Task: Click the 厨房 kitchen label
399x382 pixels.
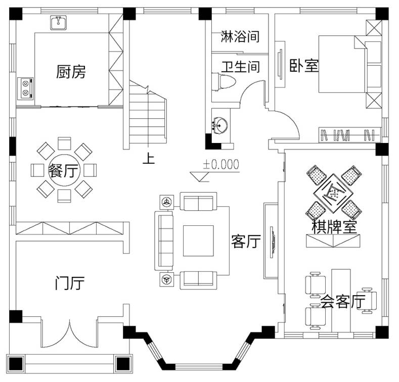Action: point(71,72)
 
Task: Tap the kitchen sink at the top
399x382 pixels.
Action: point(59,23)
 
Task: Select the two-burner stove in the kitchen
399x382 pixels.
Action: point(25,88)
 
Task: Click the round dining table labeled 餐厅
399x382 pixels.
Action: point(64,170)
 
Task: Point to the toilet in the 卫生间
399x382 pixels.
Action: point(224,82)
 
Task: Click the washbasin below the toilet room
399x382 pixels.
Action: point(220,125)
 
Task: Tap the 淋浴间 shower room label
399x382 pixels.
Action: point(240,36)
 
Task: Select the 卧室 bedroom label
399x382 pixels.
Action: point(304,66)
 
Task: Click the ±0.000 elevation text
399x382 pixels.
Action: point(221,164)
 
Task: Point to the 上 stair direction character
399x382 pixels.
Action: point(149,158)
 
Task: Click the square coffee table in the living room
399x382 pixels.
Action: point(198,241)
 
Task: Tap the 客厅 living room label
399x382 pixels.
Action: point(246,241)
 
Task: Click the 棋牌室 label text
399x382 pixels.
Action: point(334,227)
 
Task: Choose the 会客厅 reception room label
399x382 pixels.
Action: point(342,301)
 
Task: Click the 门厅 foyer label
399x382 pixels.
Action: point(70,283)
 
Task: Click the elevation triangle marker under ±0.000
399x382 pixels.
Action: point(199,177)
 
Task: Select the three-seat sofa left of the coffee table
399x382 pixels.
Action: point(164,241)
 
